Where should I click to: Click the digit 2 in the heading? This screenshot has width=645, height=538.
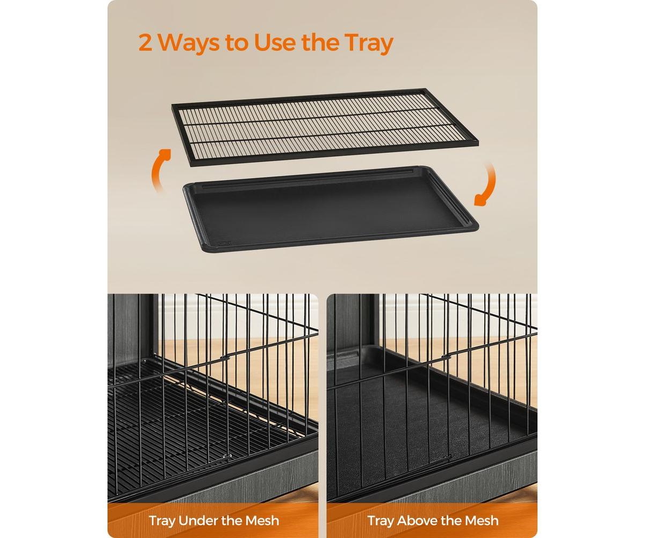click(x=145, y=43)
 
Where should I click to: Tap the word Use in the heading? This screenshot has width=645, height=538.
click(x=274, y=43)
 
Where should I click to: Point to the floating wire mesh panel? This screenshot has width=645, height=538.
click(x=325, y=128)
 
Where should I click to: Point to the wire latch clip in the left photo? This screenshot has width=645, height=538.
click(x=226, y=357)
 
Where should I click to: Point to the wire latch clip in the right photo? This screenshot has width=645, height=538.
click(x=445, y=357)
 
